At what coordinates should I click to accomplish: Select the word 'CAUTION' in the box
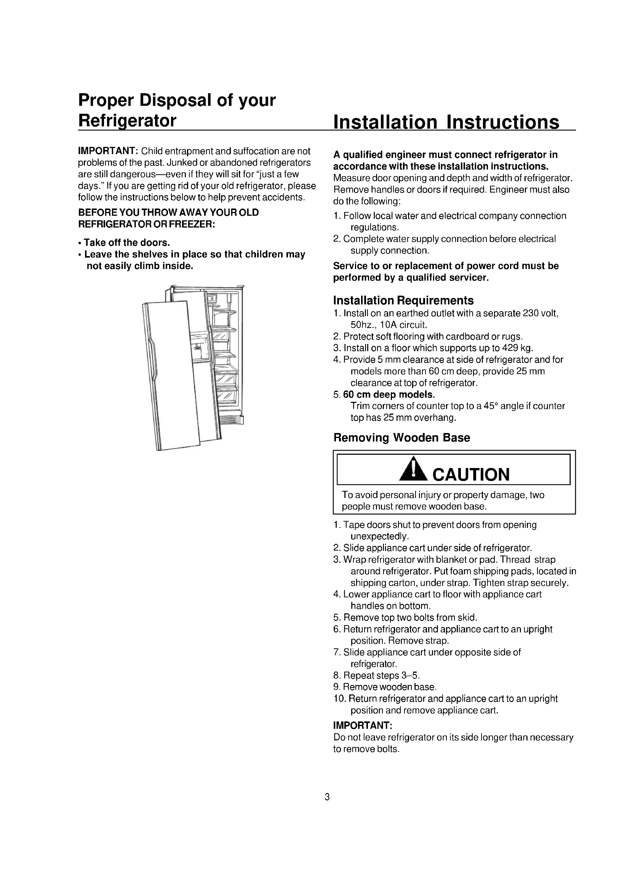(471, 474)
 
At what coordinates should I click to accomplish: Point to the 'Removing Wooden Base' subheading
(401, 438)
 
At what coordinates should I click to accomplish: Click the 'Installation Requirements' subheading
(403, 301)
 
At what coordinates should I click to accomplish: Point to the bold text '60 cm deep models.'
(389, 395)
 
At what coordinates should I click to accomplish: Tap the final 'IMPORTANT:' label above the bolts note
(363, 725)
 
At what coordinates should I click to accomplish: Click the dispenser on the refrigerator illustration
(200, 347)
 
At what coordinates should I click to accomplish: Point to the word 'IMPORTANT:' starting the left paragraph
(106, 151)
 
